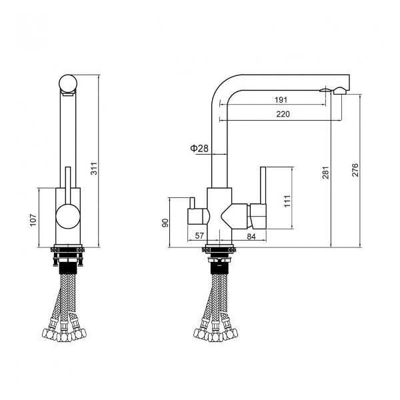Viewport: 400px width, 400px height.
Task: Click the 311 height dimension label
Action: tap(94, 170)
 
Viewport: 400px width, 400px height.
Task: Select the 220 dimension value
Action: tap(282, 115)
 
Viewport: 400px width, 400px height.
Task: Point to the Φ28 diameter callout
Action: tap(199, 148)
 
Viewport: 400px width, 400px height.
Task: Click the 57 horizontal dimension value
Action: tap(198, 237)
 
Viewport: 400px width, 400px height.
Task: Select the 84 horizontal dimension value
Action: tap(252, 237)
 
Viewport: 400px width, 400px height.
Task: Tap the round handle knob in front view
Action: tap(67, 218)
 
